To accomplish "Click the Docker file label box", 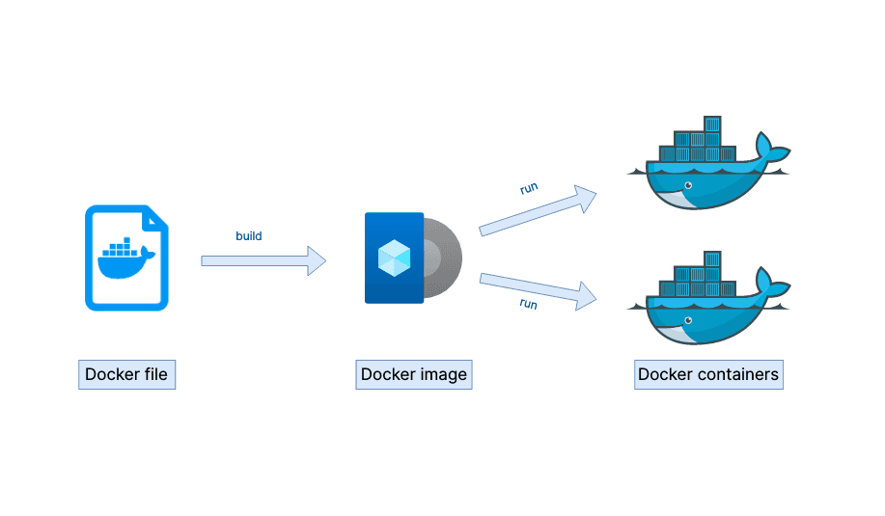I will [126, 374].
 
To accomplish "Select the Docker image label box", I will [413, 374].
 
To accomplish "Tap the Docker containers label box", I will [708, 374].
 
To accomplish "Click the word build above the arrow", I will [248, 235].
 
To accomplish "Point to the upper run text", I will [529, 188].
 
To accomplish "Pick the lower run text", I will [528, 303].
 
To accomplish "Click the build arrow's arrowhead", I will [317, 260].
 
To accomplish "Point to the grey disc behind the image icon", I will [445, 258].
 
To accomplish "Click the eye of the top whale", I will [687, 184].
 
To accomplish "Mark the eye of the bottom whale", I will [687, 317].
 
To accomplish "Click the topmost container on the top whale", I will [712, 124].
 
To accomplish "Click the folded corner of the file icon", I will [156, 217].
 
